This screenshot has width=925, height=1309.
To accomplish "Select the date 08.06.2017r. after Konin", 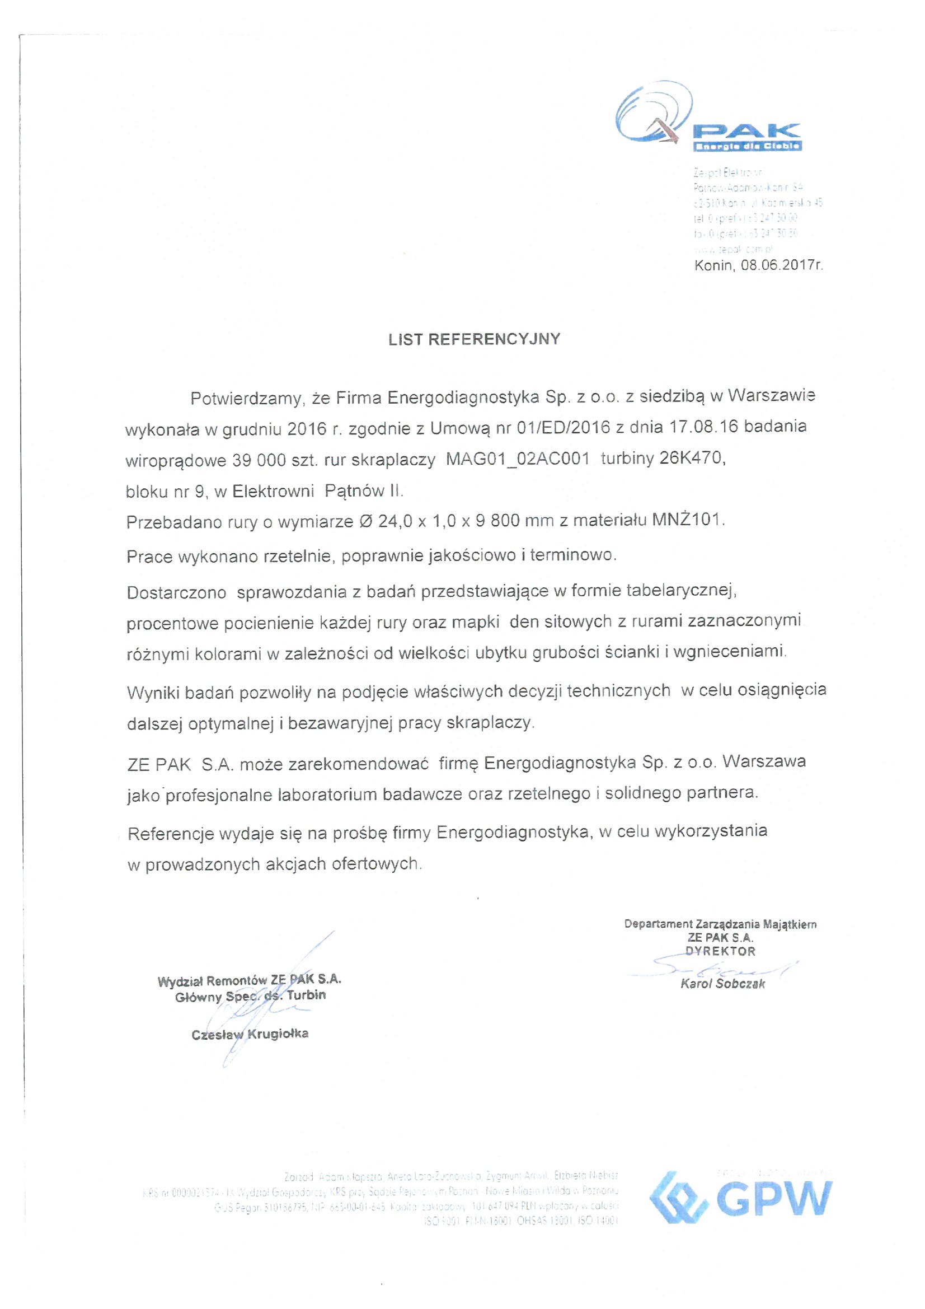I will (x=781, y=265).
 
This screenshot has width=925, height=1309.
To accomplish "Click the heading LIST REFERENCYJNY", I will (x=474, y=339).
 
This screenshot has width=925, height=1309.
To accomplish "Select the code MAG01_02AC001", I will (x=517, y=459).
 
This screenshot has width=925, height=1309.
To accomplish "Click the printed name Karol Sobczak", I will (x=722, y=984).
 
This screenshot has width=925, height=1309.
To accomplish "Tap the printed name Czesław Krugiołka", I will (x=250, y=1034).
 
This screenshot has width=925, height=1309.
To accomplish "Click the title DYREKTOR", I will (x=720, y=951).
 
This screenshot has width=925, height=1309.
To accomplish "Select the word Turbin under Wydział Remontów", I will (x=306, y=995).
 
